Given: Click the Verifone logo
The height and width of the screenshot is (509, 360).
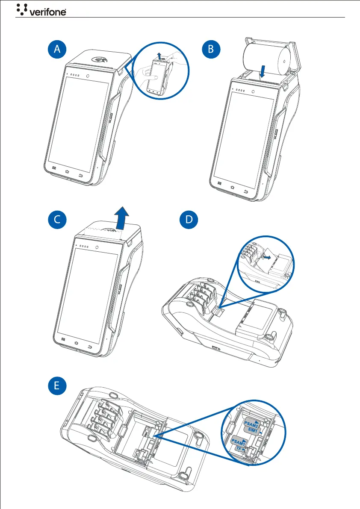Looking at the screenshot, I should pos(41,9).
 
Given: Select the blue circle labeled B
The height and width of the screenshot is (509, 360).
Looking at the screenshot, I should pos(211,50).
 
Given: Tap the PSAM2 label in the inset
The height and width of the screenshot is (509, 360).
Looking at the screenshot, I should pos(251,424).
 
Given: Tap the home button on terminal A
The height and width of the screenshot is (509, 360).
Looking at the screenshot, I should pos(67,172).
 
